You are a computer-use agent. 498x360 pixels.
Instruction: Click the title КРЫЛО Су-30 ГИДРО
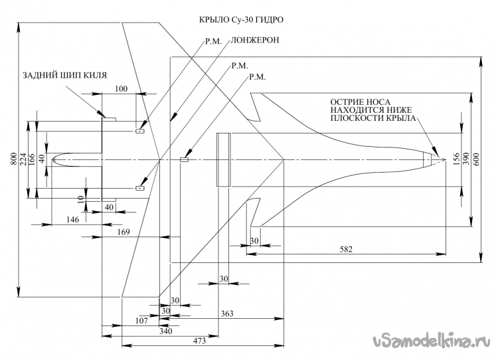click(246, 21)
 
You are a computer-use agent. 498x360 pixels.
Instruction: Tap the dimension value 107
click(140, 320)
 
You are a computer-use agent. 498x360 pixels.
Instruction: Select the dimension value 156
click(456, 159)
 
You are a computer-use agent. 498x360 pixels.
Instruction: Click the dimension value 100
click(121, 89)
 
